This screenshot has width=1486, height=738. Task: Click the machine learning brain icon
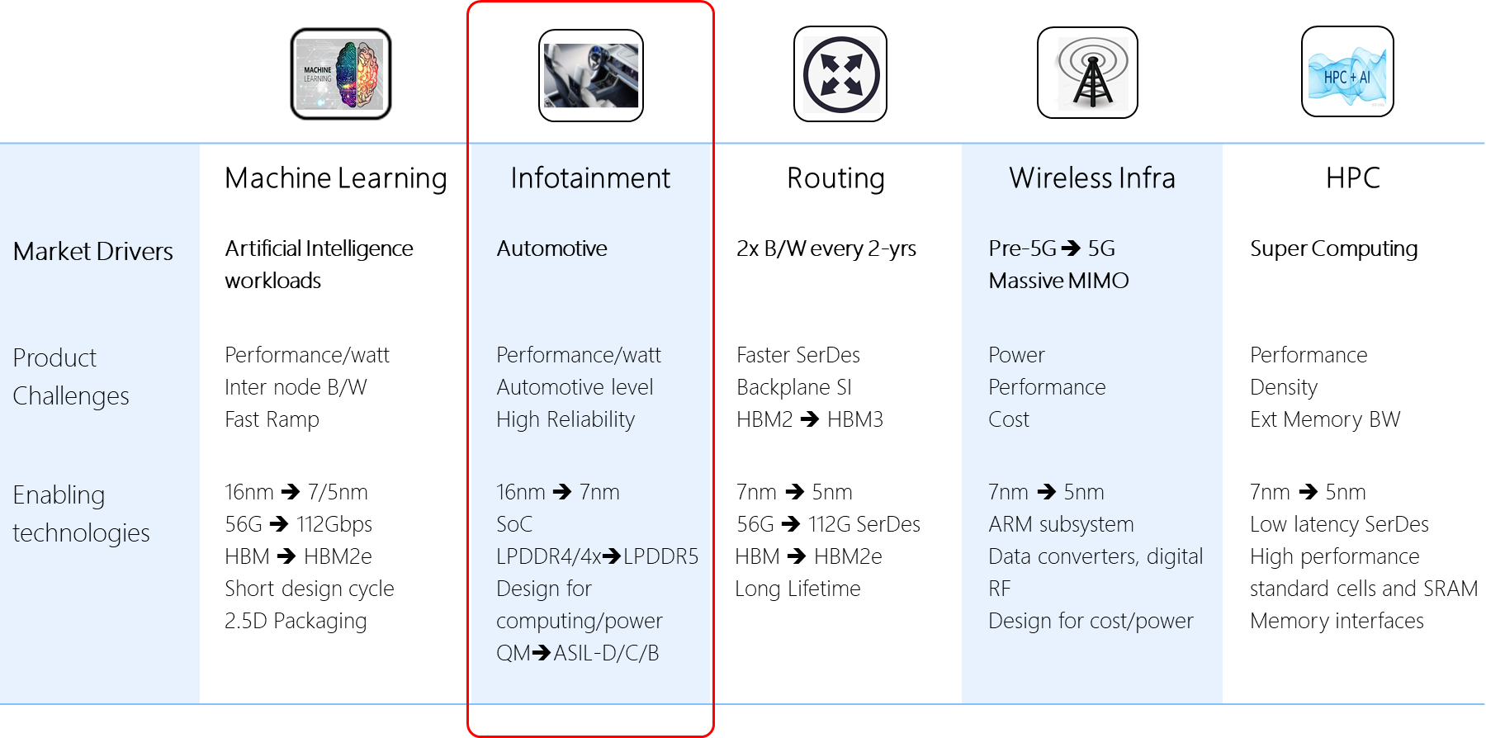pyautogui.click(x=340, y=74)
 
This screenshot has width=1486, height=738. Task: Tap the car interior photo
pyautogui.click(x=591, y=76)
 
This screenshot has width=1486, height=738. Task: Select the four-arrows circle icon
pyautogui.click(x=841, y=74)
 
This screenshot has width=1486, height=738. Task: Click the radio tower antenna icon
pyautogui.click(x=1093, y=74)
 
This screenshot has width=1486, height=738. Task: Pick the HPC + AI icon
pyautogui.click(x=1346, y=77)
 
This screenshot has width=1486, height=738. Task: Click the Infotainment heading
pyautogui.click(x=590, y=178)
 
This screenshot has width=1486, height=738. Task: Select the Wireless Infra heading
pyautogui.click(x=1091, y=178)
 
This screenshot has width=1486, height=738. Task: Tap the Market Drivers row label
pyautogui.click(x=93, y=251)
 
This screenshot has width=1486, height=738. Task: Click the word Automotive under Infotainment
pyautogui.click(x=551, y=248)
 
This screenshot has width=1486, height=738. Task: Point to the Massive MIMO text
pyautogui.click(x=1058, y=281)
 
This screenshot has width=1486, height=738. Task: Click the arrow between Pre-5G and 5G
pyautogui.click(x=1071, y=248)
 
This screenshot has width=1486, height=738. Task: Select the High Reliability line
pyautogui.click(x=566, y=419)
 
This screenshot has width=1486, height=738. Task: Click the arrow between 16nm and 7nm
pyautogui.click(x=562, y=492)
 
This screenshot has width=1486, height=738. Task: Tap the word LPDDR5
pyautogui.click(x=660, y=556)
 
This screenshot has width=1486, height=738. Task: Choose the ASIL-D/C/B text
pyautogui.click(x=606, y=653)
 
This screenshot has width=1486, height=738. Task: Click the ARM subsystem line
pyautogui.click(x=1061, y=524)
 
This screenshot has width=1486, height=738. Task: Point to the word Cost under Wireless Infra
pyautogui.click(x=1009, y=419)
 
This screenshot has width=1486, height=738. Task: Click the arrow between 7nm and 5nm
pyautogui.click(x=1046, y=492)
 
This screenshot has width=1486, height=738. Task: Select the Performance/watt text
pyautogui.click(x=579, y=355)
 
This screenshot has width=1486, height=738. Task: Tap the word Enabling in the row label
pyautogui.click(x=59, y=495)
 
